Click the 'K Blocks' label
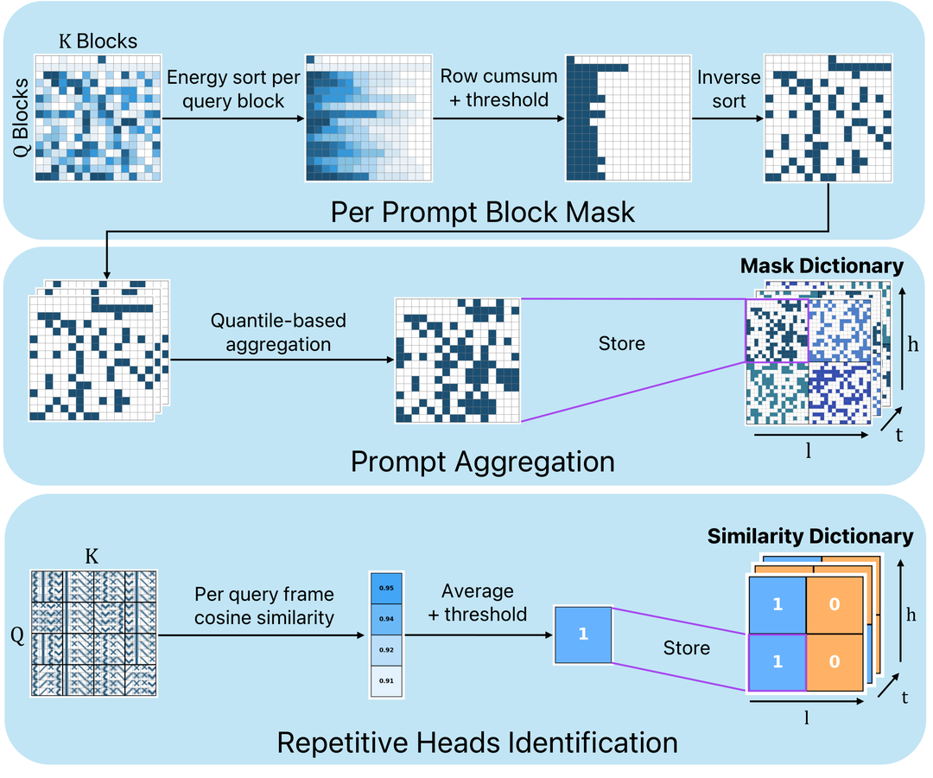tap(98, 41)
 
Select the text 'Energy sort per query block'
tap(234, 89)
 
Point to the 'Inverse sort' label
tap(729, 89)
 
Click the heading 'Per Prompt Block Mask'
tap(483, 212)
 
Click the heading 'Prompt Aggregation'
tap(482, 461)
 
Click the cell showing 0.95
tap(386, 588)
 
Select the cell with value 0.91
tap(386, 680)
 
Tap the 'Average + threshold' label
tap(477, 603)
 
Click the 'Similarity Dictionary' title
tap(810, 537)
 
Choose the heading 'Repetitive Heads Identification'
tap(477, 742)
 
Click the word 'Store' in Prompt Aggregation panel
tap(621, 344)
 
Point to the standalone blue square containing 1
tap(583, 634)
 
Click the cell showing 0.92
tap(386, 650)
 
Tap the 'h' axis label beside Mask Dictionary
tap(914, 343)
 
